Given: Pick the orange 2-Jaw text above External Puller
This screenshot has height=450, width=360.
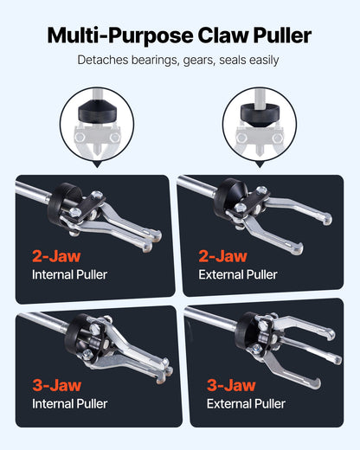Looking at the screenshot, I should pyautogui.click(x=222, y=256).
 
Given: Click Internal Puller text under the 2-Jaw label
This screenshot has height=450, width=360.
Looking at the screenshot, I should pyautogui.click(x=70, y=275).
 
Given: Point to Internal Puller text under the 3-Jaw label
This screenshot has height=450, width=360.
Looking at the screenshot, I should pyautogui.click(x=70, y=404).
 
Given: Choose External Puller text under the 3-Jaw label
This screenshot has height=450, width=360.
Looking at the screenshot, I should pyautogui.click(x=246, y=404).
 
